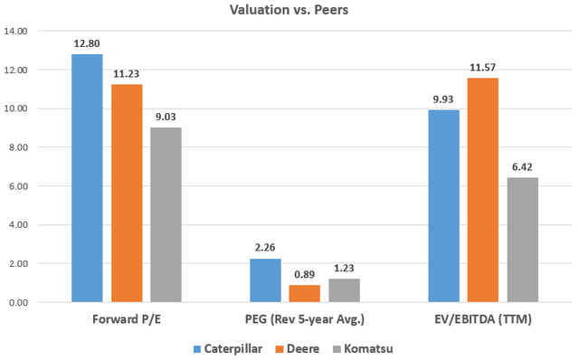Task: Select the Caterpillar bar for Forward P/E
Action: coord(87,178)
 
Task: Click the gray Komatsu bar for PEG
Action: coord(344,290)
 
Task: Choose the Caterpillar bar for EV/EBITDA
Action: coord(443,206)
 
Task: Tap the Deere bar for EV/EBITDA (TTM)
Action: coord(483,190)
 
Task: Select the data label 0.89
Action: coord(305,273)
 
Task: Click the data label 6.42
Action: coord(523,166)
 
